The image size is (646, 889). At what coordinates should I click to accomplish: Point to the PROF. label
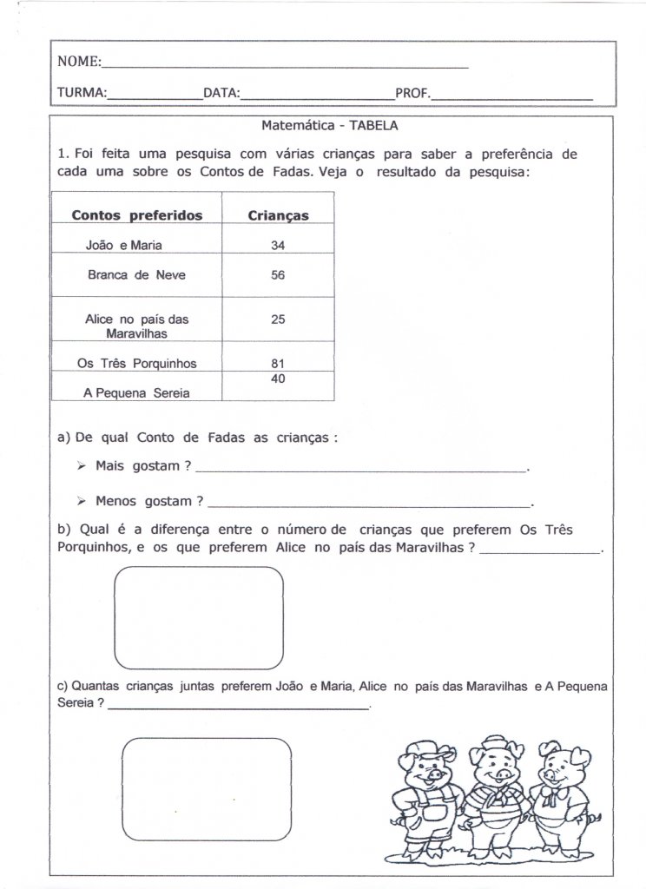coord(412,92)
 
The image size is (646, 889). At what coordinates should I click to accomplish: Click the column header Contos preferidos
coord(136,215)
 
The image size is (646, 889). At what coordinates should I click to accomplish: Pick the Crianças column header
coord(278,216)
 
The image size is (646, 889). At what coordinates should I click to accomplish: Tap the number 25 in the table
coord(278,319)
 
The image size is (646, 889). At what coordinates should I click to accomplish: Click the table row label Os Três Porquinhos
coord(136,364)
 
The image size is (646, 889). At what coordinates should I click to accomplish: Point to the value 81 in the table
coord(278,363)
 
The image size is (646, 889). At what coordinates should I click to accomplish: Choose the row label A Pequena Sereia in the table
coord(136,392)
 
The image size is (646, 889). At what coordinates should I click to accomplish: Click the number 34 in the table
coord(278,245)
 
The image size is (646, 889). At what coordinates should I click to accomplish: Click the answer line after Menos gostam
coord(369,503)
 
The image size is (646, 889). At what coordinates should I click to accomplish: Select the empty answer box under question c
coord(205,784)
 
